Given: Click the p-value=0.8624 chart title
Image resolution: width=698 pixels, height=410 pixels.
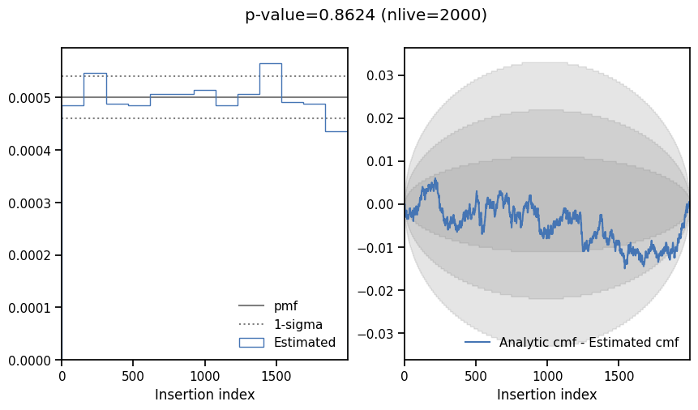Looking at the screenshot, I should coord(366,15).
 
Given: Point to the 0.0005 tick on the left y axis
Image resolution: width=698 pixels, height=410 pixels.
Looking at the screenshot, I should coord(30,98).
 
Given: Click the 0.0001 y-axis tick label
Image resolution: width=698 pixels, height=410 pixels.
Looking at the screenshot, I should coord(30,308).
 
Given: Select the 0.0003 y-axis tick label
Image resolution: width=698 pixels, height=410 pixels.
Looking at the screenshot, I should coord(30,203).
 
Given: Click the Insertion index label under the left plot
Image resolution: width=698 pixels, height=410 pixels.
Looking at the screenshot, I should coord(204,395).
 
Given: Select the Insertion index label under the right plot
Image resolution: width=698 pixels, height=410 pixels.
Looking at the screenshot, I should coord(547,395).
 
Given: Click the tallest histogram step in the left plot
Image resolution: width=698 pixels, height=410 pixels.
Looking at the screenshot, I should coord(270,63).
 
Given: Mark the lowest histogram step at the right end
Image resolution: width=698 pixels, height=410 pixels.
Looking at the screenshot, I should coord(336,131).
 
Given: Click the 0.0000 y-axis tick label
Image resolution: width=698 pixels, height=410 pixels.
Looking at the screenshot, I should coord(30,360).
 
